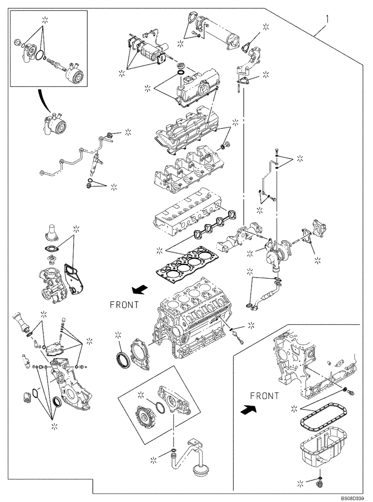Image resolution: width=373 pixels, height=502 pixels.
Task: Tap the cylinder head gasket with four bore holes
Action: (x=188, y=264)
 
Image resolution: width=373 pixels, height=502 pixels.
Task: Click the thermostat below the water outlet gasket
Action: (x=49, y=259)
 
